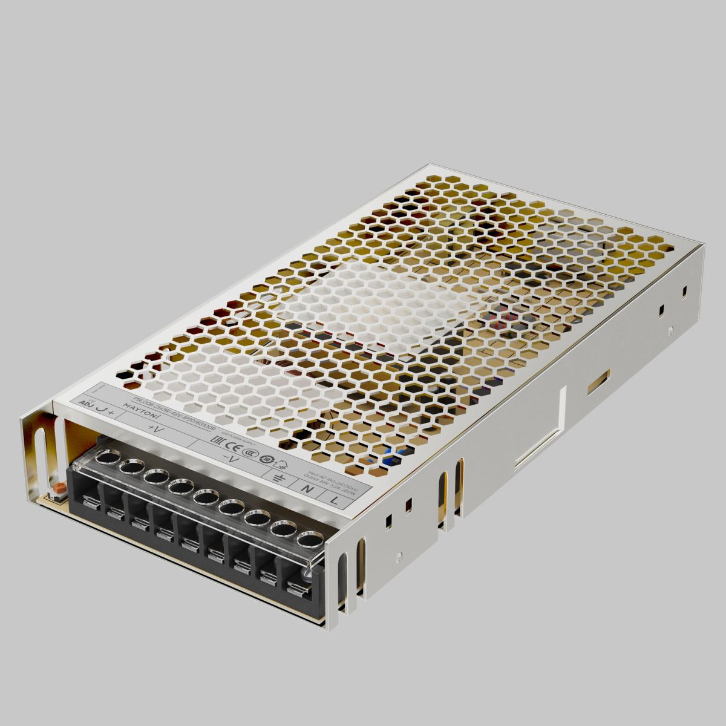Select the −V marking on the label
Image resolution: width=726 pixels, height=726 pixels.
coord(233,459)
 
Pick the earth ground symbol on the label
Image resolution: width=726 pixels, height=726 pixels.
coord(279,478)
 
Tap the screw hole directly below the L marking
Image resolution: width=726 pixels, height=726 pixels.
coord(309,540)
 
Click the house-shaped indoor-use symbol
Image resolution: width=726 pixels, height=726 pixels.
coord(281,463)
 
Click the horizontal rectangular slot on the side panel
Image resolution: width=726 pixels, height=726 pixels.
coord(598,381)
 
